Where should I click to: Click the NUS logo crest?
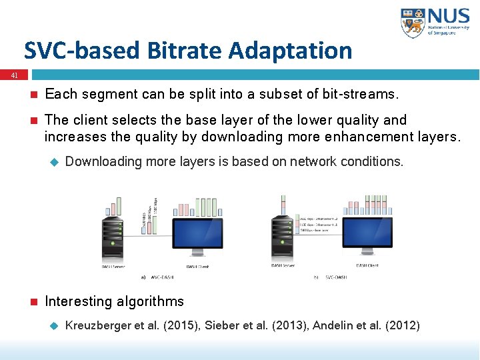(413, 23)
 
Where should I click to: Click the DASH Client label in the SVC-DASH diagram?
(367, 265)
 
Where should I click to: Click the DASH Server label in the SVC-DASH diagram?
(283, 265)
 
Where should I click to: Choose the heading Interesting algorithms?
(114, 301)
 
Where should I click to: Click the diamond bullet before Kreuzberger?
(55, 326)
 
